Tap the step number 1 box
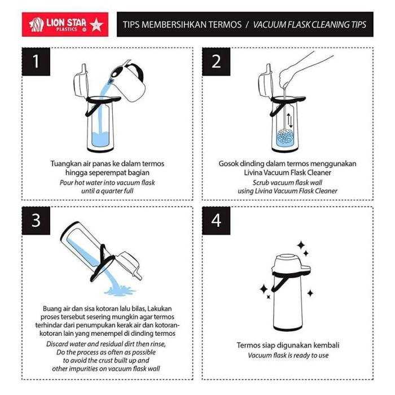(37, 62)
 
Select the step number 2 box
(217, 62)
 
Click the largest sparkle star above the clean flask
(301, 245)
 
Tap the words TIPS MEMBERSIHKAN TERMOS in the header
(182, 24)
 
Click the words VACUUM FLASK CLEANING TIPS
(309, 24)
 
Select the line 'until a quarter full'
(107, 191)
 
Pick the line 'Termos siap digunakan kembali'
(288, 345)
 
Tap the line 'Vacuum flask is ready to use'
(288, 355)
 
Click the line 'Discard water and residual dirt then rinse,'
(107, 344)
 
